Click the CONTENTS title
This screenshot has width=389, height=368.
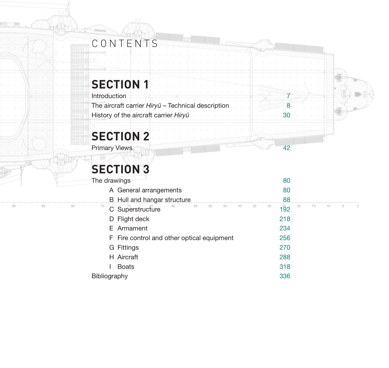tap(125, 44)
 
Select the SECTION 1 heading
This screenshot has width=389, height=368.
tap(120, 85)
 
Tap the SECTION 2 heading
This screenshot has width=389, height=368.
tap(120, 137)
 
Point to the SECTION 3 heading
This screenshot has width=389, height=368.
tap(120, 169)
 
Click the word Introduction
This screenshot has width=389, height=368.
tap(109, 96)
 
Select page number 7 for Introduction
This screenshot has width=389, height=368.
tap(288, 96)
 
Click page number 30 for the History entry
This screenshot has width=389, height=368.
tap(287, 115)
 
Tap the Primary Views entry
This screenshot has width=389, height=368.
tap(112, 148)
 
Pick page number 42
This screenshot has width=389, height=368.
tap(287, 148)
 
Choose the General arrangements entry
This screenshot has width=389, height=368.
tap(149, 190)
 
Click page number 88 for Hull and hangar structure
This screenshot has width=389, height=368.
tap(287, 200)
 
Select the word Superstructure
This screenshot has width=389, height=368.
tap(139, 209)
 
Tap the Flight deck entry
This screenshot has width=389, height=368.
tap(133, 219)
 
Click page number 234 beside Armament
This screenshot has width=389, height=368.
tap(285, 228)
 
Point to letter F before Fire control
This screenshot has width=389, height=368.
tap(111, 238)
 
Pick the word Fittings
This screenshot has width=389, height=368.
tap(128, 248)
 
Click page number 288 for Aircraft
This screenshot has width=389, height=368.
tap(285, 257)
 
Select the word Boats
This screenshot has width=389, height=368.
tap(126, 267)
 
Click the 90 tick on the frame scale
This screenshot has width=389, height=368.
tap(14, 206)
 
